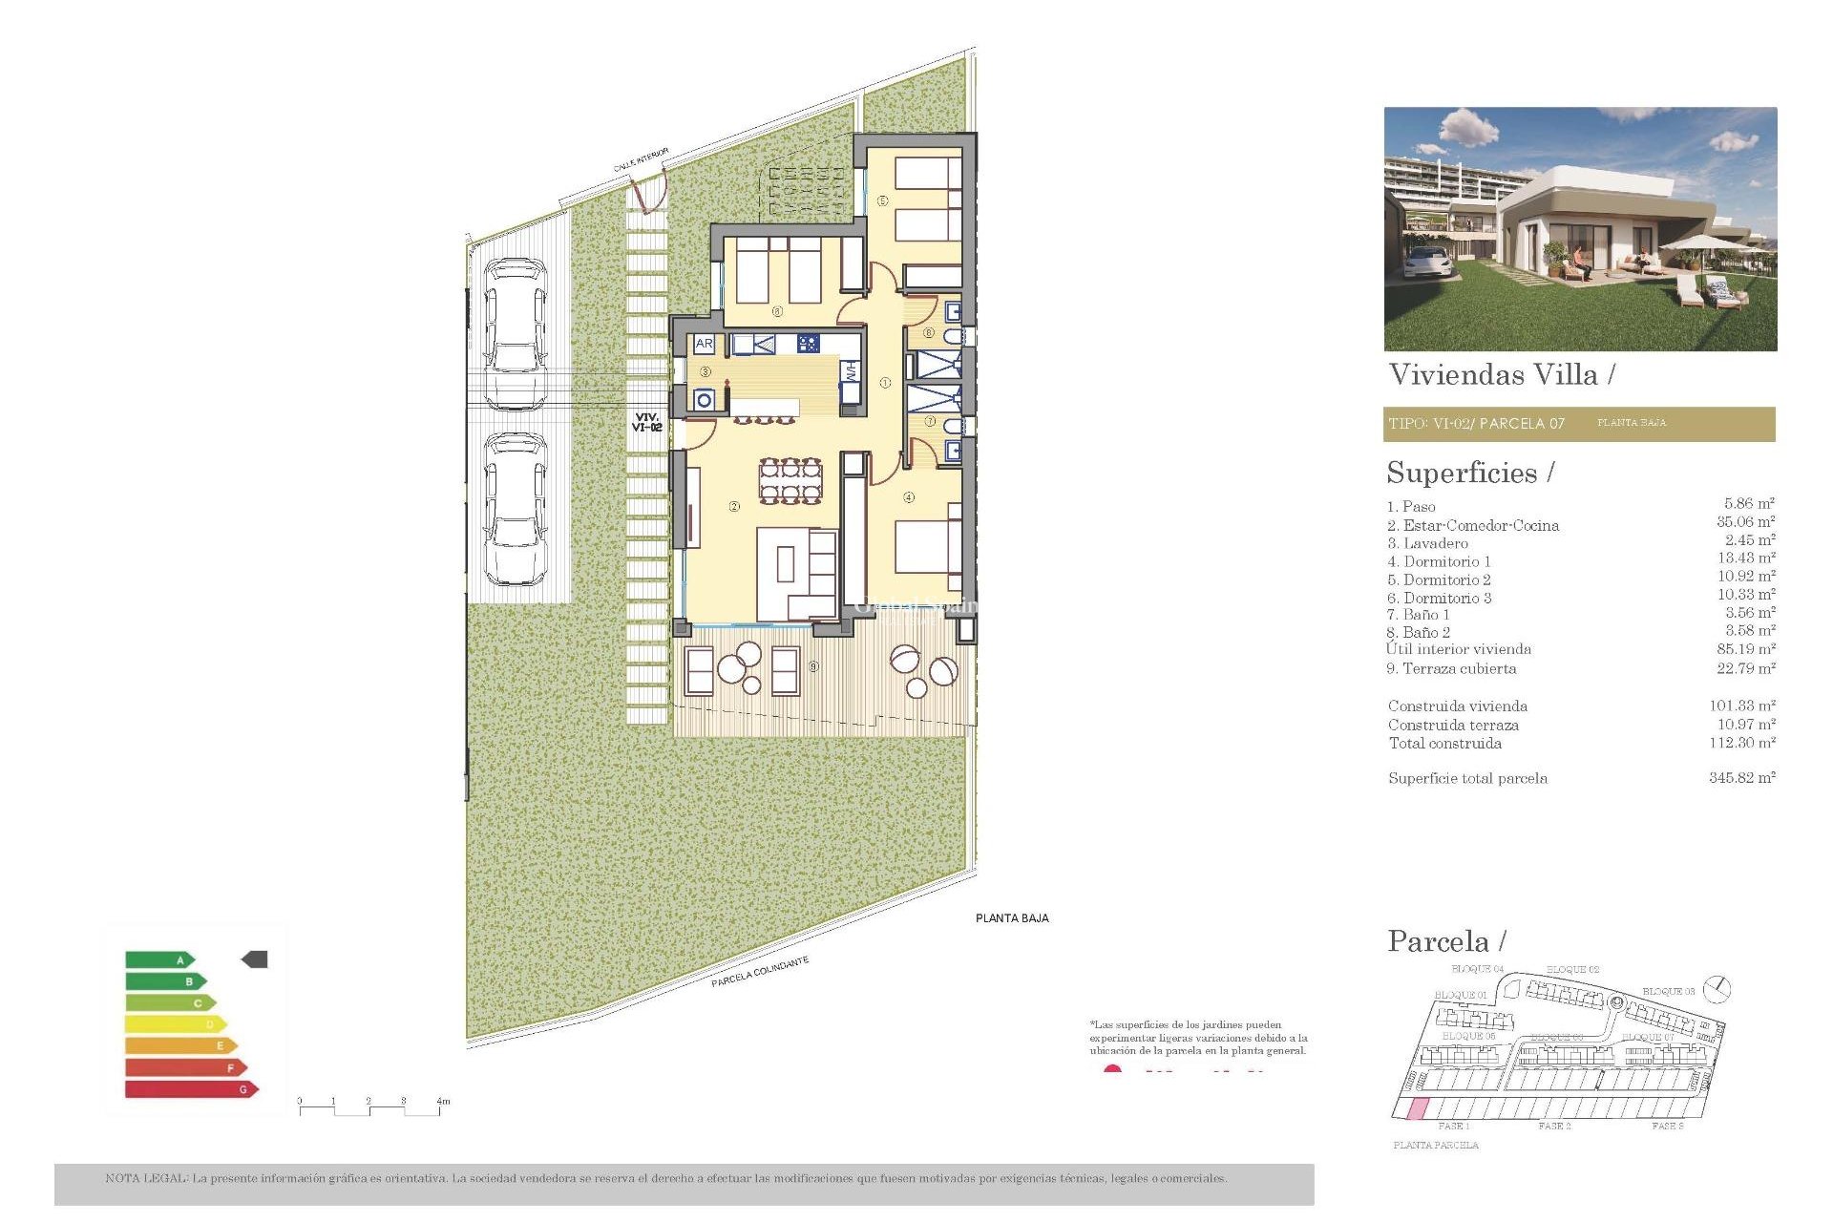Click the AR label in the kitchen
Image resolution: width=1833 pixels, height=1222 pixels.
pyautogui.click(x=704, y=344)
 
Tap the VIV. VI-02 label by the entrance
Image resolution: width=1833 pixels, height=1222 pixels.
pyautogui.click(x=646, y=423)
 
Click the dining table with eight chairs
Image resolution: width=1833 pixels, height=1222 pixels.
pyautogui.click(x=790, y=480)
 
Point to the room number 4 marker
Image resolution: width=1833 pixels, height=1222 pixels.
pyautogui.click(x=909, y=497)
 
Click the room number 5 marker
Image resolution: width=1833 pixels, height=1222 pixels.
pyautogui.click(x=883, y=200)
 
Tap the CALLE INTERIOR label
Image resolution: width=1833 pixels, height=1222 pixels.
pyautogui.click(x=641, y=159)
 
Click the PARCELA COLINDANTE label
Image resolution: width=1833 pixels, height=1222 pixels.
pyautogui.click(x=759, y=972)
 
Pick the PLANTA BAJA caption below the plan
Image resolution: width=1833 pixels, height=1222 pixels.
pyautogui.click(x=1012, y=918)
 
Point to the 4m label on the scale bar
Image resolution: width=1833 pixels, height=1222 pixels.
pyautogui.click(x=443, y=1102)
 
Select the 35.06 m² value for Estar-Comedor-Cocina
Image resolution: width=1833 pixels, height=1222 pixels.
pyautogui.click(x=1745, y=522)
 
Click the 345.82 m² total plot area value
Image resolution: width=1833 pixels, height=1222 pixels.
pyautogui.click(x=1741, y=778)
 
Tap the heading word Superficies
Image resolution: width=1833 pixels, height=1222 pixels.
pyautogui.click(x=1462, y=474)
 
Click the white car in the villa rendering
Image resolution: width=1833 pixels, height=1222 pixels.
pyautogui.click(x=1428, y=262)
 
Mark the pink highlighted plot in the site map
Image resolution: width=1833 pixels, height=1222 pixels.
pyautogui.click(x=1419, y=1109)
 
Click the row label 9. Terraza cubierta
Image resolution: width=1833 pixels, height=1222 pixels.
pyautogui.click(x=1451, y=669)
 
